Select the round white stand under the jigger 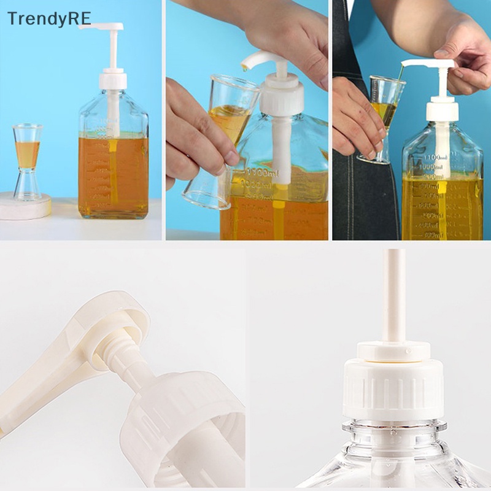coord(25,207)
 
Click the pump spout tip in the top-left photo coord(83,26)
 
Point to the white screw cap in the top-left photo coord(113,80)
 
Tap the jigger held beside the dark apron coord(383,117)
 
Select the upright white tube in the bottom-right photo coord(393,295)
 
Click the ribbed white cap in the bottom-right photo coord(393,387)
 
